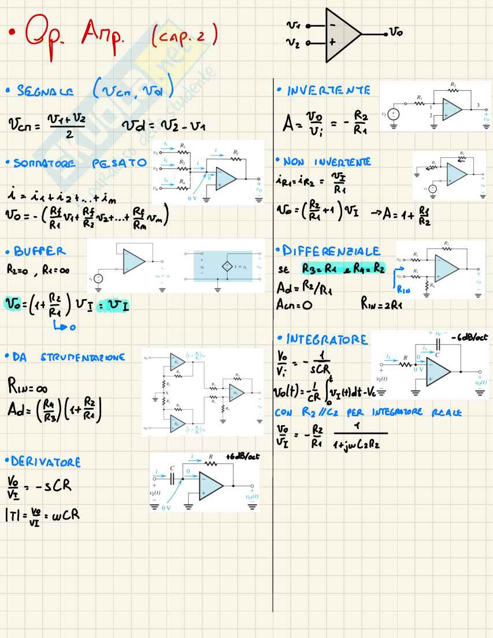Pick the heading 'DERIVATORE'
[x=46, y=462]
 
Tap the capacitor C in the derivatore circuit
[x=173, y=477]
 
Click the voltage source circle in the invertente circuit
[x=394, y=115]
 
